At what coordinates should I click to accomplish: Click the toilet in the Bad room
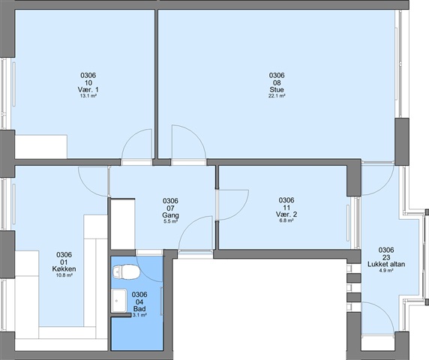pos(126,272)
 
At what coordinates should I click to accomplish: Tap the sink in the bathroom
pos(119,301)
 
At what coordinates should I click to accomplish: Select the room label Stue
pos(277,90)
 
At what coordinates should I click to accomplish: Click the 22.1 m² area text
pos(277,96)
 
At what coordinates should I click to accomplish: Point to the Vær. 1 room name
pos(88,90)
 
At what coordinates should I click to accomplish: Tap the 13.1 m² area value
pos(88,96)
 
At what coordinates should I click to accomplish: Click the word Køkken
pos(64,269)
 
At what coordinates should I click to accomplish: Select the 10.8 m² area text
pos(64,275)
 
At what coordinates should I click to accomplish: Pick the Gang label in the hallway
pos(170,215)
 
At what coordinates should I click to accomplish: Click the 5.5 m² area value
pos(170,221)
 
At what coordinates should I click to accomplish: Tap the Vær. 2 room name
pos(286,214)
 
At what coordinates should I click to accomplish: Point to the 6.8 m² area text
pos(286,220)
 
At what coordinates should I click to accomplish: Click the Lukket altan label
pos(386,265)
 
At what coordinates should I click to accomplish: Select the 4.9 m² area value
pos(386,271)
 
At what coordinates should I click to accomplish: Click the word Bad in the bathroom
pos(139,309)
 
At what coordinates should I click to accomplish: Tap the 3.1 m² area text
pos(139,316)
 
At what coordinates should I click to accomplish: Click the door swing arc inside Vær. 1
pos(130,136)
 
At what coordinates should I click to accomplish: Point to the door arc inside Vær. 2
pos(241,211)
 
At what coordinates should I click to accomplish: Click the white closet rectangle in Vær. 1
pos(40,146)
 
